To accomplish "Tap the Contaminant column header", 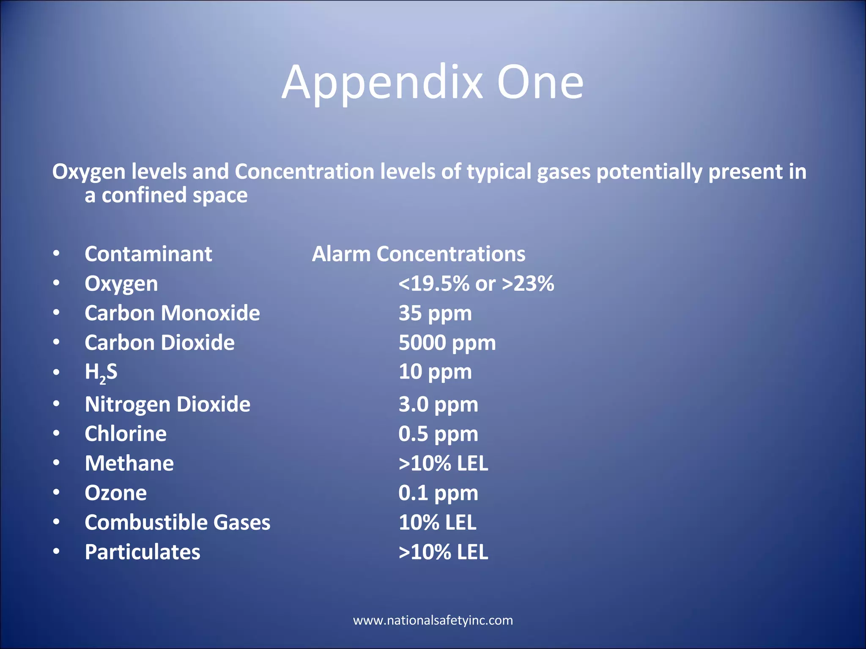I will click(x=148, y=254).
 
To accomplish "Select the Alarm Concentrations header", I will click(x=418, y=254).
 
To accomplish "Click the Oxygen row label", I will click(x=121, y=284).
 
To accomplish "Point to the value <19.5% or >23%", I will click(x=476, y=284).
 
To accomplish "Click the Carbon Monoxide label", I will click(x=172, y=313).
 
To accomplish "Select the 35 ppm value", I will click(x=435, y=313).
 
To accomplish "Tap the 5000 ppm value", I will click(x=447, y=343).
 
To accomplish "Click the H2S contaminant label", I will click(x=101, y=372).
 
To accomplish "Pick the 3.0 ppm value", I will click(x=438, y=404).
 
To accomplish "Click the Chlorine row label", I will click(x=126, y=434).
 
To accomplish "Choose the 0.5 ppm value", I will click(x=438, y=434).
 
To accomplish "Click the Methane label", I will click(x=129, y=464).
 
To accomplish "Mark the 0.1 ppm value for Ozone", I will click(x=438, y=493).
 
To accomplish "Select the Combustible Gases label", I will click(x=177, y=523).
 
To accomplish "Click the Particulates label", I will click(x=143, y=552).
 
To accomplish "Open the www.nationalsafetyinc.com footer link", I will click(x=433, y=620).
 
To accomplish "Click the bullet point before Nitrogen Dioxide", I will click(x=56, y=404).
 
